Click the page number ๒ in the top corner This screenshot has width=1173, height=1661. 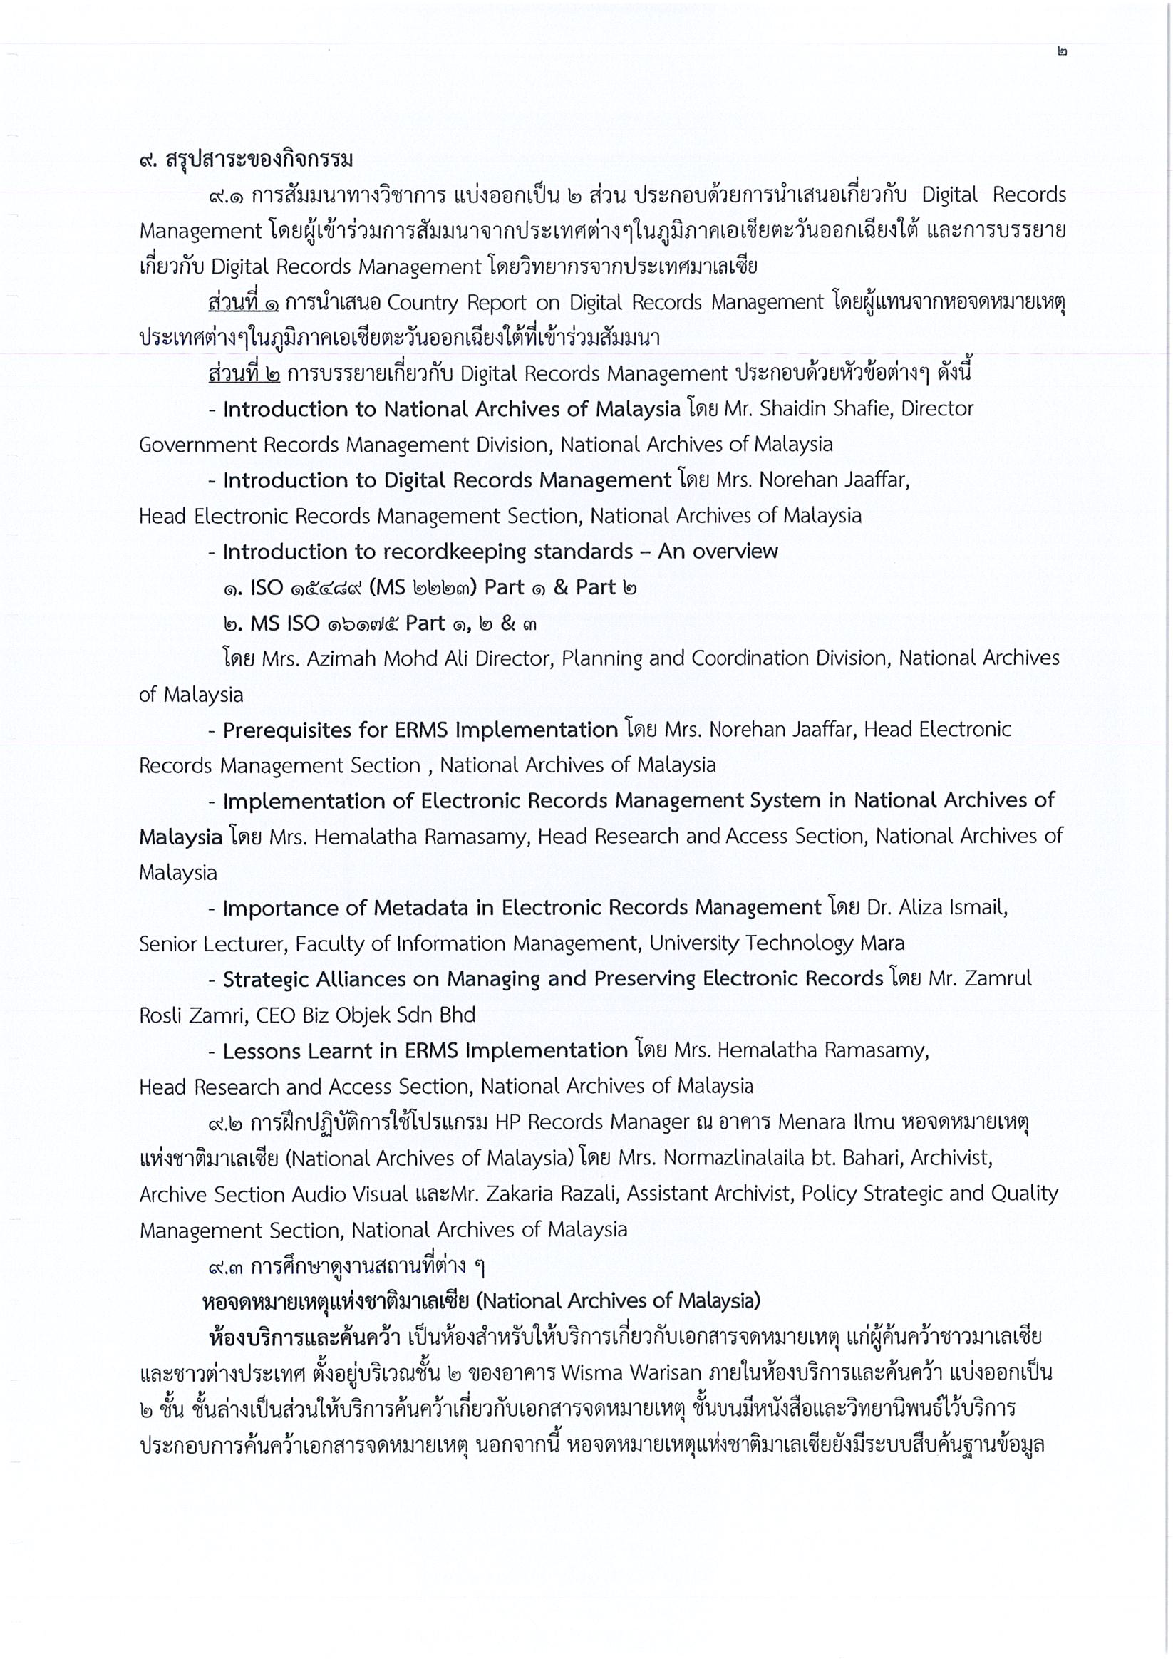click(x=1062, y=52)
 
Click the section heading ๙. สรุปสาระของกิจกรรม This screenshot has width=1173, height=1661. click(x=246, y=159)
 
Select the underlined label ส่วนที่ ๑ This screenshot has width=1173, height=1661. click(x=243, y=302)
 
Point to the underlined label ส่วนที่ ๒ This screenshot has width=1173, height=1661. click(x=244, y=374)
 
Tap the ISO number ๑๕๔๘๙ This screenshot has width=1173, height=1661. click(x=326, y=587)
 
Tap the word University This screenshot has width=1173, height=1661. click(x=693, y=943)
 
